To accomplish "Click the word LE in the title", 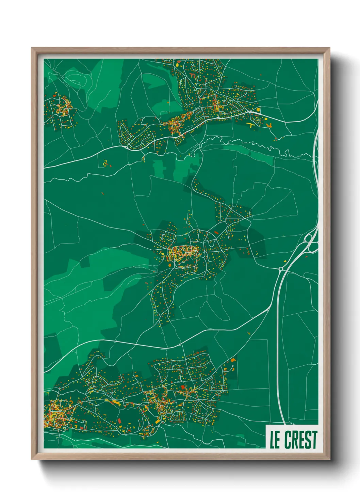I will pyautogui.click(x=275, y=440).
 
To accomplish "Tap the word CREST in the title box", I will pyautogui.click(x=300, y=440).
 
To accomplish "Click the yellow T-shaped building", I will pyautogui.click(x=251, y=125).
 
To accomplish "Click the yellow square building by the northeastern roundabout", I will pyautogui.click(x=258, y=110).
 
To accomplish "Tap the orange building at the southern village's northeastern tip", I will pyautogui.click(x=233, y=360).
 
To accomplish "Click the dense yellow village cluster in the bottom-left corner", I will pyautogui.click(x=54, y=414).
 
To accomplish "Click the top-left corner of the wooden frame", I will pyautogui.click(x=32, y=48).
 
